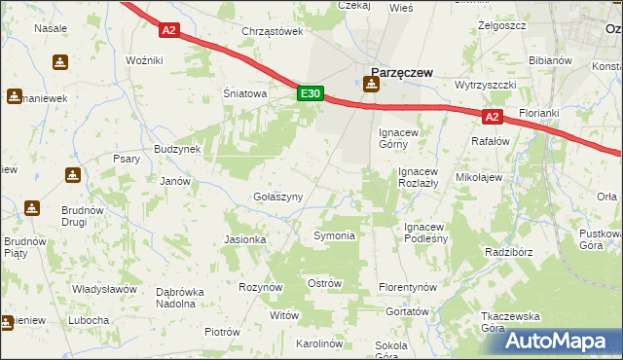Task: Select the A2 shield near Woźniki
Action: pos(169,30)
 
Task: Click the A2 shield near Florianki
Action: pos(493,117)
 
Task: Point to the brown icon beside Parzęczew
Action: pos(370,85)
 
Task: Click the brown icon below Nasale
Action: pos(61,62)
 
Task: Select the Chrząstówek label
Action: pos(273,31)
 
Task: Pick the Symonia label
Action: pos(334,235)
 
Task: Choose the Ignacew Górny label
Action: pos(399,137)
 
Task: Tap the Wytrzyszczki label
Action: pos(484,85)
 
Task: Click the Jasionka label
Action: pos(245,238)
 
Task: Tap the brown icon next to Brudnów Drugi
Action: pos(32,208)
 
